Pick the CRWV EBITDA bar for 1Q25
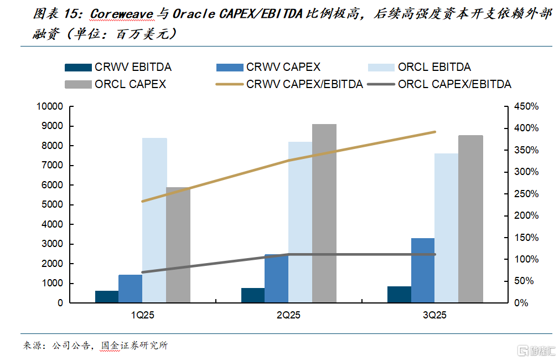[x=107, y=296]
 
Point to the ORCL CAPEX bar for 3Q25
[x=470, y=219]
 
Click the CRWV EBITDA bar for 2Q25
[x=253, y=295]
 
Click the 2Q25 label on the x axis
[x=288, y=315]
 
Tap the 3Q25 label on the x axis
[x=434, y=315]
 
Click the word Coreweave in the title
[x=121, y=13]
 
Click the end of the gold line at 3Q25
[x=435, y=132]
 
